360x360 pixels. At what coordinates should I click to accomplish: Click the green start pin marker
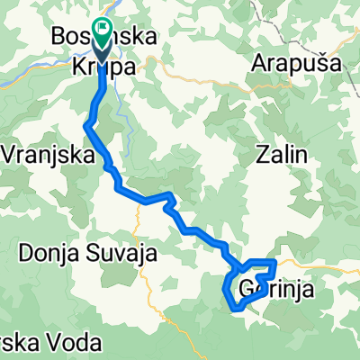tap(101, 33)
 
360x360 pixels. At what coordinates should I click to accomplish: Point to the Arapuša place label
tap(295, 64)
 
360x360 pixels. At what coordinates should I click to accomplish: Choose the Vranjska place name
tap(49, 154)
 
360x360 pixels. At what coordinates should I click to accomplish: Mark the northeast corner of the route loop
tap(275, 260)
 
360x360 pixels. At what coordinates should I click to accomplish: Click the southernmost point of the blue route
tap(237, 309)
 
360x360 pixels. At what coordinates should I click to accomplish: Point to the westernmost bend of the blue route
tap(86, 126)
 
